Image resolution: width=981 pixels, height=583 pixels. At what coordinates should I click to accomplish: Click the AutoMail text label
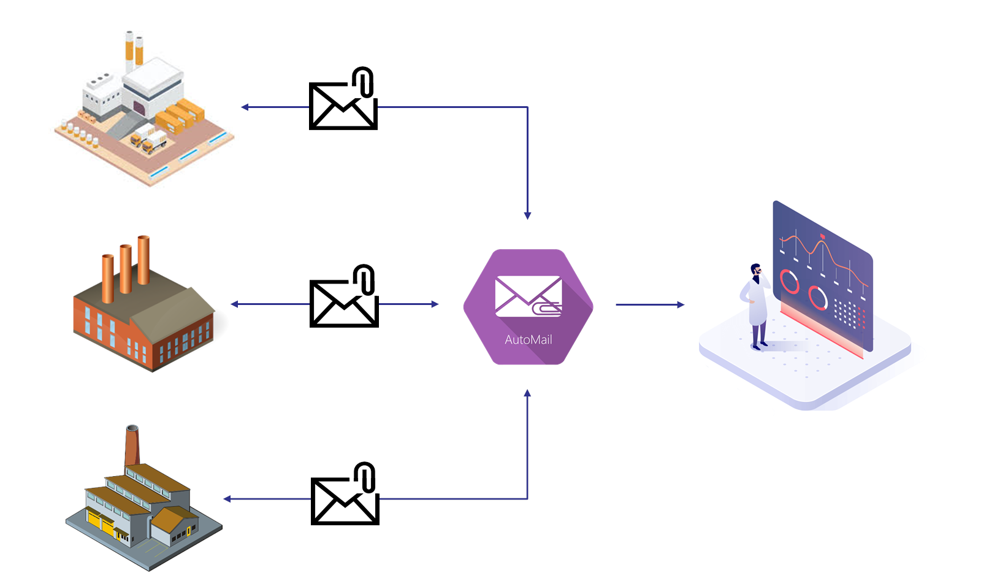pyautogui.click(x=528, y=340)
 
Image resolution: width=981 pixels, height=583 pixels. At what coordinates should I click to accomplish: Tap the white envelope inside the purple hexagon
pyautogui.click(x=528, y=296)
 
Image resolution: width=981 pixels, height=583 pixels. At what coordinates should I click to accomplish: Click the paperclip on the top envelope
pyautogui.click(x=363, y=82)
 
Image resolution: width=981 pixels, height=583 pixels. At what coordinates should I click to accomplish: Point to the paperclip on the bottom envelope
pyautogui.click(x=365, y=477)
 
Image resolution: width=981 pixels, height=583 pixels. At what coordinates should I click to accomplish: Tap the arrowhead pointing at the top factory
pyautogui.click(x=245, y=107)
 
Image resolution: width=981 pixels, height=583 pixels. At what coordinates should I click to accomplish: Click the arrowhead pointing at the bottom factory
pyautogui.click(x=227, y=499)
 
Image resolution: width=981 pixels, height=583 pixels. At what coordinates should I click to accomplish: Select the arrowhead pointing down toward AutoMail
pyautogui.click(x=527, y=216)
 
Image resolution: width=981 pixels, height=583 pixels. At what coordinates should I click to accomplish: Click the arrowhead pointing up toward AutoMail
pyautogui.click(x=527, y=393)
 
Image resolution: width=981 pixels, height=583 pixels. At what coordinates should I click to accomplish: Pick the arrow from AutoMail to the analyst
pyautogui.click(x=650, y=304)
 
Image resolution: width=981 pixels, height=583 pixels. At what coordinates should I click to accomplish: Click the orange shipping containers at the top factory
pyautogui.click(x=179, y=117)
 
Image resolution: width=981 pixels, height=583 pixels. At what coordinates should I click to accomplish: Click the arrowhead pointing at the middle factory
pyautogui.click(x=234, y=304)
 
